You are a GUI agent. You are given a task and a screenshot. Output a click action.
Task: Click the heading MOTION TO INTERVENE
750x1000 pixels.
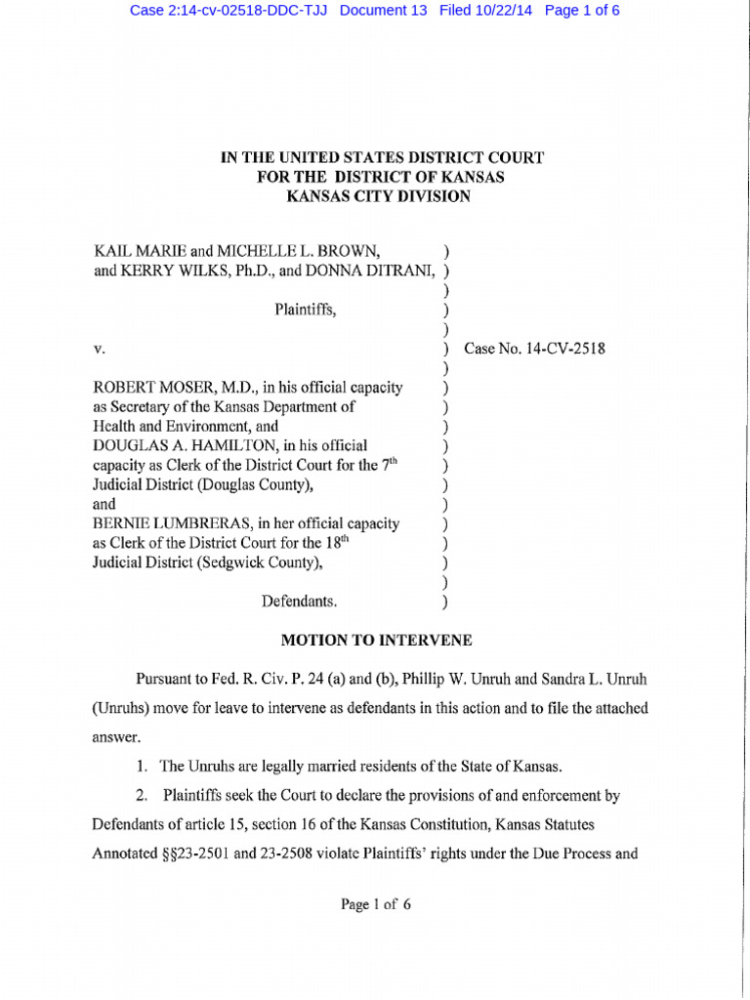[376, 641]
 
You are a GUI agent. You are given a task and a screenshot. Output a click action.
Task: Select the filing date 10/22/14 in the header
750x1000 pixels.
[498, 11]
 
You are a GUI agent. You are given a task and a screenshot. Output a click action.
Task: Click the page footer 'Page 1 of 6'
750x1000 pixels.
[376, 904]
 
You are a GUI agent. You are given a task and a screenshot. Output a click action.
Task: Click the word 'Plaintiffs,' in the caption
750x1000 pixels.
[306, 310]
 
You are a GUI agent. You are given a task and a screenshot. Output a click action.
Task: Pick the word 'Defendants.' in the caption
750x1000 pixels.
[300, 602]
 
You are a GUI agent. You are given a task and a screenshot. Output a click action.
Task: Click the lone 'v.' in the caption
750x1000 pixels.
[99, 349]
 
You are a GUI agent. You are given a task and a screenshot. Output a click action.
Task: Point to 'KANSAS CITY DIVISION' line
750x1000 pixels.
[377, 196]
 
